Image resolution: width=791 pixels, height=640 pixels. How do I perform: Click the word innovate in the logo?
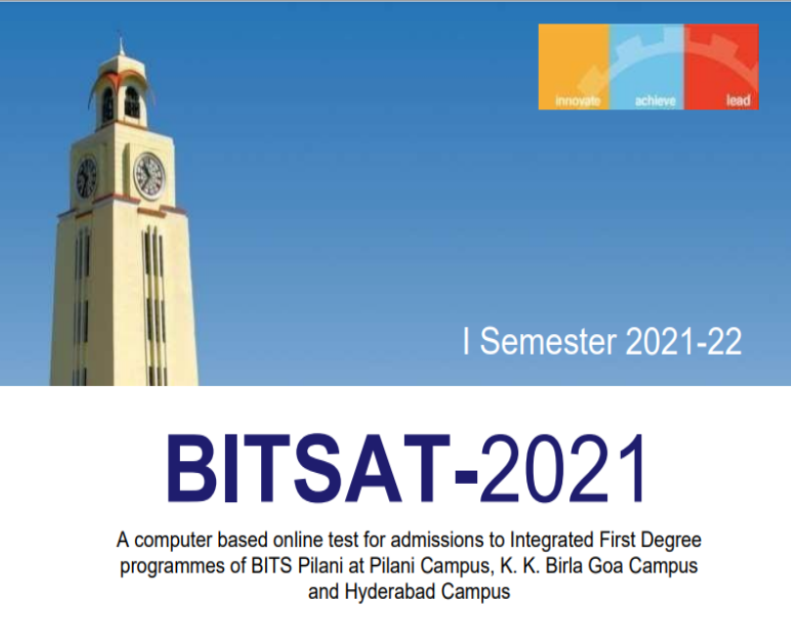coord(577,101)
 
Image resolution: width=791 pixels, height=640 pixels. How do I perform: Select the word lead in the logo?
coord(738,101)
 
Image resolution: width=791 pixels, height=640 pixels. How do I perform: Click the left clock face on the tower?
coord(86,178)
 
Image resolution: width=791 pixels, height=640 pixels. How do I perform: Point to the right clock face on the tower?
coord(150,175)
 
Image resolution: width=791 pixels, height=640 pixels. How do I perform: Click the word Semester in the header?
coord(549,342)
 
